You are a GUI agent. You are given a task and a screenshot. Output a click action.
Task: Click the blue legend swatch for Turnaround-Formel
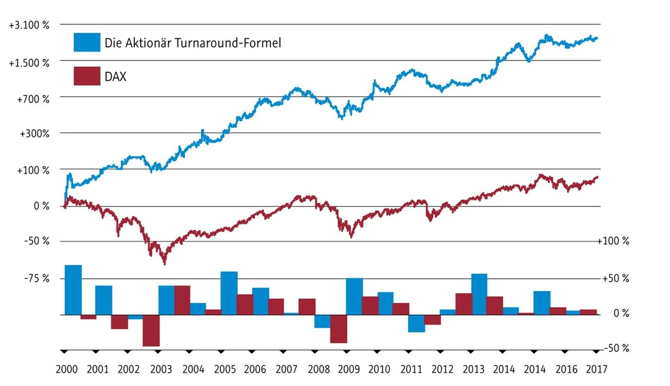coord(86,42)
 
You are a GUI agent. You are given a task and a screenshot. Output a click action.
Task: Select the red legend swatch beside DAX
coord(86,76)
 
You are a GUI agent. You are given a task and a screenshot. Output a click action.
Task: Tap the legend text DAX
coord(115,77)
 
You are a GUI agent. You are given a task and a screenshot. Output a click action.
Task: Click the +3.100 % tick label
coord(29,25)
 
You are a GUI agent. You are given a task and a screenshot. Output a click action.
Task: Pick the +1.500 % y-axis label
coord(29,62)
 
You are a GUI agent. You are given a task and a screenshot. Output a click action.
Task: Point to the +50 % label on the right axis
coord(614,278)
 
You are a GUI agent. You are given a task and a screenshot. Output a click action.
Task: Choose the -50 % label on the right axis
coord(614,349)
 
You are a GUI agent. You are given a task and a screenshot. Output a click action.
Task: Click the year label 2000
coord(67,369)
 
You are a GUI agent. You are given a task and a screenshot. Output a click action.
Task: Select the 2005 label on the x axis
coord(224,369)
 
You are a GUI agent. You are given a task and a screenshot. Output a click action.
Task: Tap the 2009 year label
coord(348,369)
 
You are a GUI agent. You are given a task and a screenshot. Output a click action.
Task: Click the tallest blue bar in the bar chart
coord(73,289)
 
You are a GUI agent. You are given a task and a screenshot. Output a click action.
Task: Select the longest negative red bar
coord(151,330)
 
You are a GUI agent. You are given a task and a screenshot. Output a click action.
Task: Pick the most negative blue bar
coord(417,323)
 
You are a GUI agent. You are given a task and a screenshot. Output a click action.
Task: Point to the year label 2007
coord(286,369)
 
